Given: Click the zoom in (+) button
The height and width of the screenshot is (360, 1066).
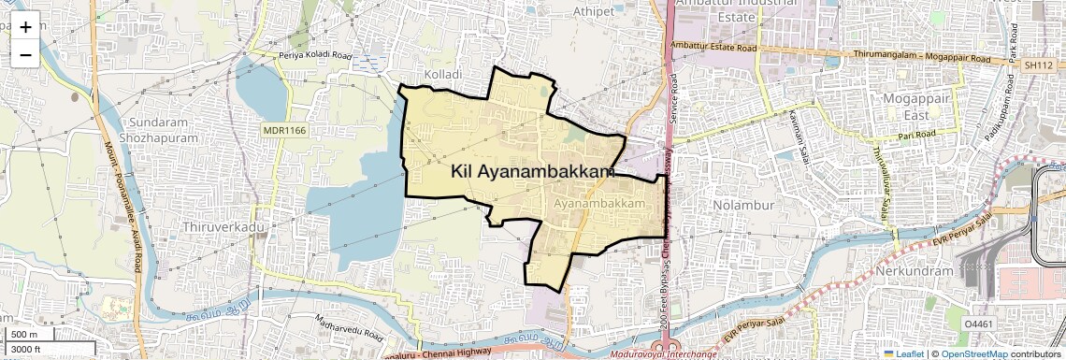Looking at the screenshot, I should click(25, 27).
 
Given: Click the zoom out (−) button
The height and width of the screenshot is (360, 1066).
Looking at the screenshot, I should click(25, 55).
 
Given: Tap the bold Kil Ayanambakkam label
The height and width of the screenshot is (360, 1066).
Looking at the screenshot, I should click(532, 171).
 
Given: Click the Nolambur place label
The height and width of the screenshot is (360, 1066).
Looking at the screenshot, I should click(739, 204).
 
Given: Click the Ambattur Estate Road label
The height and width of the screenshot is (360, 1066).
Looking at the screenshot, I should click(713, 47).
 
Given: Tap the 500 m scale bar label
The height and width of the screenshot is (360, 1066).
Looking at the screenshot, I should click(24, 335).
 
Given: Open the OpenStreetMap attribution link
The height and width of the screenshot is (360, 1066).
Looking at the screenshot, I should click(973, 353).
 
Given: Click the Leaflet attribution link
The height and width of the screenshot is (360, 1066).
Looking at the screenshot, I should click(903, 353).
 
